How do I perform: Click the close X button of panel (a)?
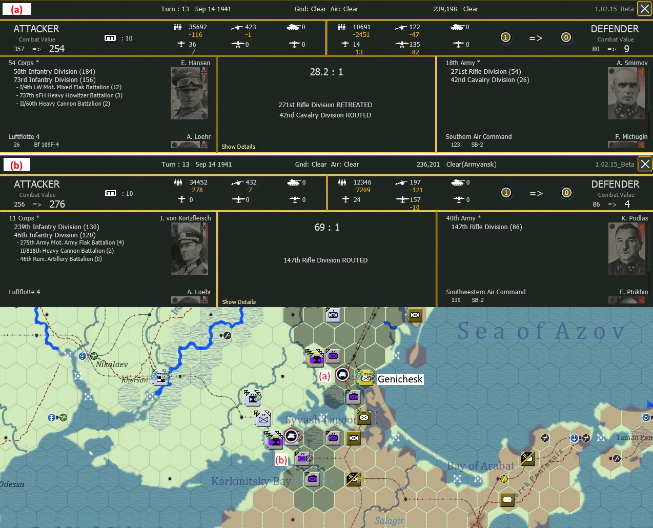[x=644, y=9]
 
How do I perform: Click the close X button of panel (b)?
[x=645, y=164]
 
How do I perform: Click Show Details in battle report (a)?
[x=238, y=147]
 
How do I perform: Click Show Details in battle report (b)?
[x=239, y=302]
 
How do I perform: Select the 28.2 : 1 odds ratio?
[x=326, y=72]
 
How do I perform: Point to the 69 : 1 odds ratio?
[x=327, y=228]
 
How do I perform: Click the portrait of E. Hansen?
[x=189, y=93]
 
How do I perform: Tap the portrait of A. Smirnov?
[x=626, y=93]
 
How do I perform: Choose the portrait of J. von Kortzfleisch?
[x=190, y=249]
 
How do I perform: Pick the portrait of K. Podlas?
[x=627, y=249]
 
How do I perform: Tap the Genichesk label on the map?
[x=400, y=379]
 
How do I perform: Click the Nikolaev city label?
[x=112, y=364]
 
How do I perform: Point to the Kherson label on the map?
[x=134, y=380]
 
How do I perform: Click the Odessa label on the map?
[x=12, y=484]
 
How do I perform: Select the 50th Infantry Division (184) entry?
[x=54, y=72]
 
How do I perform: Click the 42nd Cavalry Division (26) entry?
[x=489, y=80]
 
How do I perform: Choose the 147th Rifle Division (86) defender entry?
[x=486, y=227]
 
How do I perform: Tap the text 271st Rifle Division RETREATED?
[x=325, y=105]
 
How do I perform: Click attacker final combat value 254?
[x=57, y=49]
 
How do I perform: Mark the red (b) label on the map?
[x=281, y=460]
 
